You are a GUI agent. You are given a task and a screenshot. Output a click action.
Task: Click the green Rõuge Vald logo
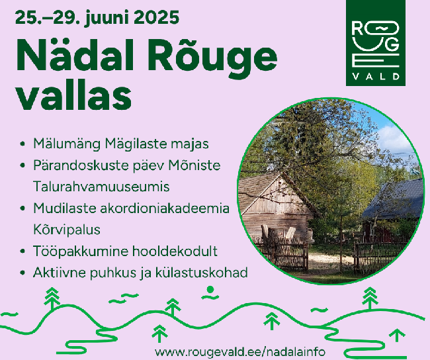pyautogui.click(x=376, y=43)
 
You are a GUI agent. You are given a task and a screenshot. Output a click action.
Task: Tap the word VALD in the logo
pyautogui.click(x=376, y=76)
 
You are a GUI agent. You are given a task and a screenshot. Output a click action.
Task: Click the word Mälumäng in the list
pyautogui.click(x=67, y=144)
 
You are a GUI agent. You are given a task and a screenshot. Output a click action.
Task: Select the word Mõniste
pyautogui.click(x=194, y=165)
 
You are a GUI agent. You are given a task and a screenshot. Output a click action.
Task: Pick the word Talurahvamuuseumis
pyautogui.click(x=101, y=187)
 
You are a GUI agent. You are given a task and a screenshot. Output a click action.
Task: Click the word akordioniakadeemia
pyautogui.click(x=165, y=208)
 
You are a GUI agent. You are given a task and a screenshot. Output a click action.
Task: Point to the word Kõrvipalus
pyautogui.click(x=67, y=230)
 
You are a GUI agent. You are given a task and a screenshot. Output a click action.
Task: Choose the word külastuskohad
pyautogui.click(x=202, y=273)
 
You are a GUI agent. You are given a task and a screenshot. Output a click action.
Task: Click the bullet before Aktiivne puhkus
pyautogui.click(x=22, y=273)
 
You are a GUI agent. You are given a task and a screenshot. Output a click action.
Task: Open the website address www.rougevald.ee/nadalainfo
pyautogui.click(x=240, y=351)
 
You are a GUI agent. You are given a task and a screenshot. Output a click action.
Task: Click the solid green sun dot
pyautogui.click(x=210, y=289)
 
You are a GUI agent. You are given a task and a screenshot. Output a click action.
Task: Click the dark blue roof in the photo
pyautogui.click(x=395, y=199)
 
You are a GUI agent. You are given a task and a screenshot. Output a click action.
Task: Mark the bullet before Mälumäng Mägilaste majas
pyautogui.click(x=22, y=144)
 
